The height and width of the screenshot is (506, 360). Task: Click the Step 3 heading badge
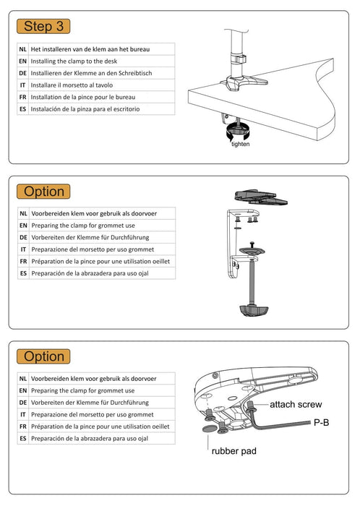(x=43, y=26)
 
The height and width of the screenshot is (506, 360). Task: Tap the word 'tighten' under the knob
(x=240, y=144)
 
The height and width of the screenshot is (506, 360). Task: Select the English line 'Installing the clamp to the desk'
(x=74, y=61)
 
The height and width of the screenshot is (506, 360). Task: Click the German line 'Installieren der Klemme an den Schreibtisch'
(x=91, y=73)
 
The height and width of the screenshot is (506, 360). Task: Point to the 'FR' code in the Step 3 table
(x=22, y=97)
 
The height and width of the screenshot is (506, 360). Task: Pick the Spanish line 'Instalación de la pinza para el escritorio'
(x=85, y=109)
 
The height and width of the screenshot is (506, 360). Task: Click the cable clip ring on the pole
(x=238, y=60)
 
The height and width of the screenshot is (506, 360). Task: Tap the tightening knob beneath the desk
(x=238, y=131)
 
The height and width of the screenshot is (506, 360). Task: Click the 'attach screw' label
(x=296, y=404)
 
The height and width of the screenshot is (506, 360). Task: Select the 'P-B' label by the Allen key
(x=321, y=422)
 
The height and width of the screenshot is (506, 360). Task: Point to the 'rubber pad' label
(x=234, y=451)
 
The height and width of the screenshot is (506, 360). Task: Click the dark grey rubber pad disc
(x=210, y=429)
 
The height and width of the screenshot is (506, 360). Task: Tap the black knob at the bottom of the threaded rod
(x=254, y=310)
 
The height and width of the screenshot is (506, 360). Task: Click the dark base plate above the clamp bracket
(x=261, y=197)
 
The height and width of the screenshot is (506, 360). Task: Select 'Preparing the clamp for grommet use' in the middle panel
(x=83, y=226)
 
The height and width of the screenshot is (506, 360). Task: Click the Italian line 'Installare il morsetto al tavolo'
(x=72, y=85)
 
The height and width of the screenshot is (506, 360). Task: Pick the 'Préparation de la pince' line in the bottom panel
(x=100, y=426)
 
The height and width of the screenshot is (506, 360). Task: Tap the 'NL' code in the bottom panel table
(x=23, y=379)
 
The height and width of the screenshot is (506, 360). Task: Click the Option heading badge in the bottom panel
(x=43, y=356)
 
